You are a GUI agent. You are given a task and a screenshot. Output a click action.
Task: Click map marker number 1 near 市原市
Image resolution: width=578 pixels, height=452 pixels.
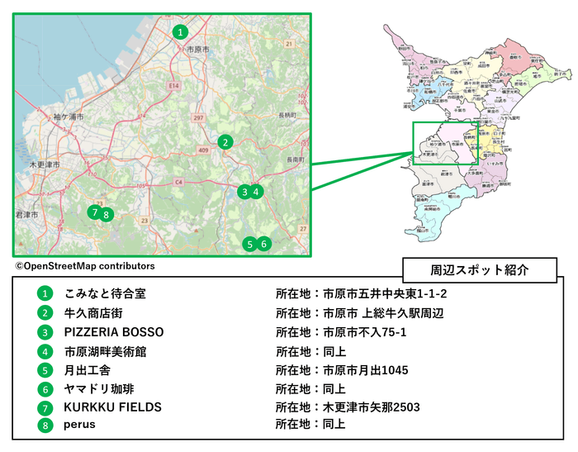(x=181, y=32)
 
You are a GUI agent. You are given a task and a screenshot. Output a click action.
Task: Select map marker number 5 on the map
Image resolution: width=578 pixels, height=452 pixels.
(x=249, y=244)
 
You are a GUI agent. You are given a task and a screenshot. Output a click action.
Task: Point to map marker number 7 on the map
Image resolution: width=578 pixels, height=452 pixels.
(x=95, y=212)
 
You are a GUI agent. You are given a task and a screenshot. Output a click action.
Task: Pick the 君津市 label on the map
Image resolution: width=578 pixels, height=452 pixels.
(x=27, y=215)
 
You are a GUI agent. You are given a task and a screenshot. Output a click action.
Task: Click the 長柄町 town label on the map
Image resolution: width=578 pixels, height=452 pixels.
(x=288, y=114)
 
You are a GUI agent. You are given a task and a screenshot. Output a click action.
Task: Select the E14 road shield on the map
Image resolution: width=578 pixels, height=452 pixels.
(x=174, y=85)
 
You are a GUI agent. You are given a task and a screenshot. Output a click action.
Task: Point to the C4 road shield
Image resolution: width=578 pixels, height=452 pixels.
(x=178, y=181)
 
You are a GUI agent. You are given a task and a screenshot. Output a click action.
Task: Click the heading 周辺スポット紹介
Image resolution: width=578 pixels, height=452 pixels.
(x=480, y=270)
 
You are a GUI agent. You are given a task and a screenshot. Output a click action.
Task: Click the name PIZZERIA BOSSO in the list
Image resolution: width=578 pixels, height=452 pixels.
(x=114, y=332)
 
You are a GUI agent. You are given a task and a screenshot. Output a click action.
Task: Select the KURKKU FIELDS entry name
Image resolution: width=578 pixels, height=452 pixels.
(x=112, y=407)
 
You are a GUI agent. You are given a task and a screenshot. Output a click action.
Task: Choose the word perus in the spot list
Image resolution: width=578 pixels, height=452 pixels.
(x=80, y=425)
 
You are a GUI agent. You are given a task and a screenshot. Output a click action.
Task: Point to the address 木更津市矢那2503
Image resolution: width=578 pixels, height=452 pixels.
(x=372, y=407)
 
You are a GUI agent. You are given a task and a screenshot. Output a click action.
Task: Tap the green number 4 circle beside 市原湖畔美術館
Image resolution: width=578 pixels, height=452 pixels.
(x=44, y=351)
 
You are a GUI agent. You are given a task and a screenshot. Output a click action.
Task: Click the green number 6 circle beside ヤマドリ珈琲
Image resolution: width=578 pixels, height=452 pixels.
(x=44, y=388)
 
